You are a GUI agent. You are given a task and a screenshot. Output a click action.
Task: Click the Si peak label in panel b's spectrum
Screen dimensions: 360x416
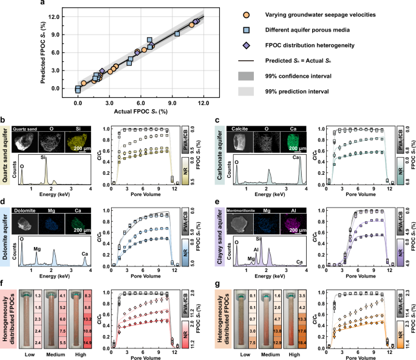44,157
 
